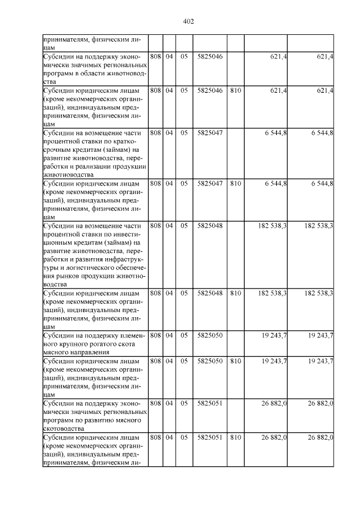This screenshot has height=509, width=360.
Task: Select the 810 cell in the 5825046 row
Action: coord(236,90)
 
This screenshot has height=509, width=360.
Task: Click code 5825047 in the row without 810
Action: coord(210,133)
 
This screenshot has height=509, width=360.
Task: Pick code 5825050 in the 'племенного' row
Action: coord(210,335)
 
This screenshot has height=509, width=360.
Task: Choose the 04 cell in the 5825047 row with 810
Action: coord(169,183)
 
